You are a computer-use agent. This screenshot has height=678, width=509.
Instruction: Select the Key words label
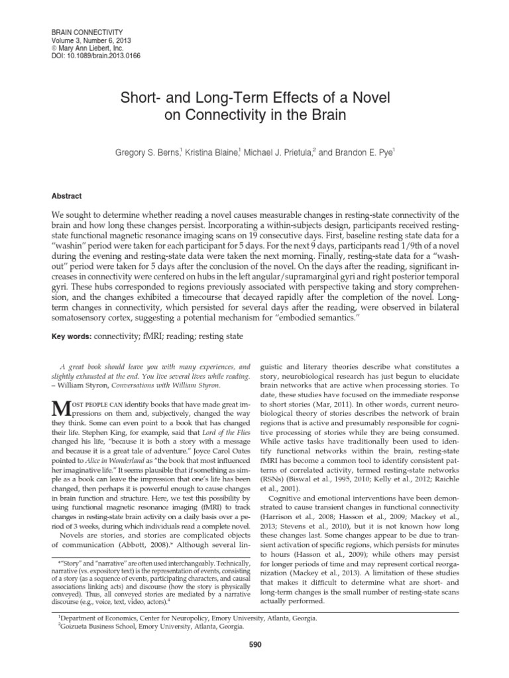pos(72,337)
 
